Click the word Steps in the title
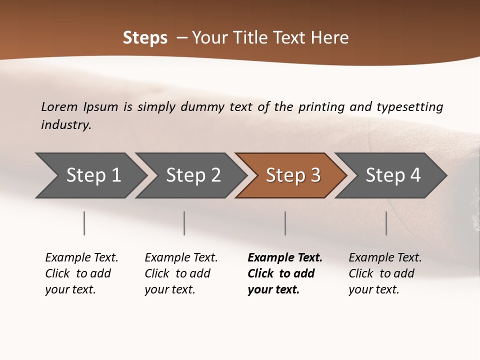pos(145,38)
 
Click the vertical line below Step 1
pos(84,223)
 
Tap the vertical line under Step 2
pos(184,223)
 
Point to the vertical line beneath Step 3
pos(285,223)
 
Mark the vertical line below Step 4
pos(386,223)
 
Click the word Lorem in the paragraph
pos(59,107)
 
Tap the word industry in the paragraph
pos(66,125)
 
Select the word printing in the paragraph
pos(321,107)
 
